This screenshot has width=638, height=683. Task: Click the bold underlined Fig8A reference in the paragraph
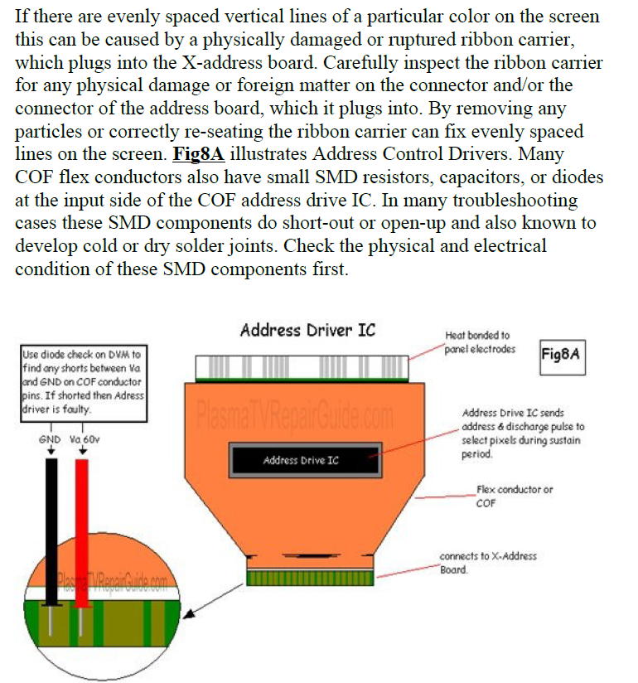[200, 155]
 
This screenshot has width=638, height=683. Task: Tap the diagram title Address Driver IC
[307, 330]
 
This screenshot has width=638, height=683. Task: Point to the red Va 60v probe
[82, 522]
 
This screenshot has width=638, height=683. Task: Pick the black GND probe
[51, 522]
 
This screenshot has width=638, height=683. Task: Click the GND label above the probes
[49, 439]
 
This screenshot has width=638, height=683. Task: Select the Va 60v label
[85, 439]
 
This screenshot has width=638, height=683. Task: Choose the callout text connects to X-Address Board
[488, 562]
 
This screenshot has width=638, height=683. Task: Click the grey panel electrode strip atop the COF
[301, 366]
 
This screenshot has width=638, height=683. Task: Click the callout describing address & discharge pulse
[522, 433]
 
